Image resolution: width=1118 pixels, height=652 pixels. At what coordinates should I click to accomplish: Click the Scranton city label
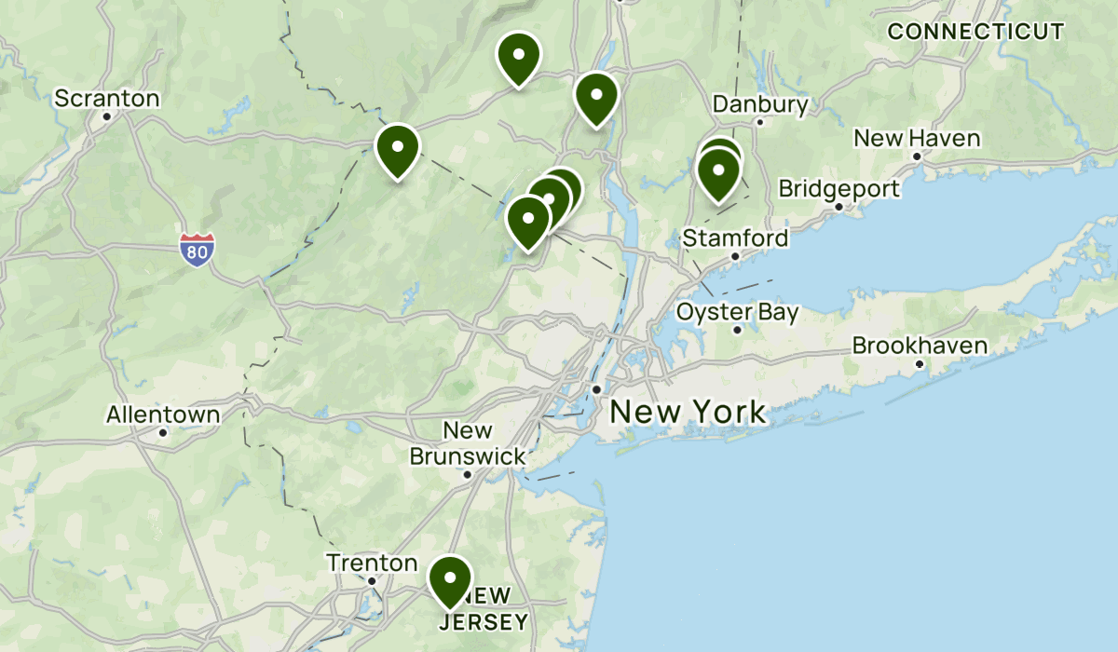(107, 98)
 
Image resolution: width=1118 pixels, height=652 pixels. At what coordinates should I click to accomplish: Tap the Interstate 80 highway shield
(198, 251)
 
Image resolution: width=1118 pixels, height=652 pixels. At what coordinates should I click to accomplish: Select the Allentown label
(163, 414)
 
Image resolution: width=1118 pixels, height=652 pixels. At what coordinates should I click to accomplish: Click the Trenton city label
(372, 563)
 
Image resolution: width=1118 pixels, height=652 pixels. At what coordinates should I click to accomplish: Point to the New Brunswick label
(468, 443)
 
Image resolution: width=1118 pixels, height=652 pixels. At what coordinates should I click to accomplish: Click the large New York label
(688, 411)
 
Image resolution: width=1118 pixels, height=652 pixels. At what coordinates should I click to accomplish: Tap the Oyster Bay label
(738, 312)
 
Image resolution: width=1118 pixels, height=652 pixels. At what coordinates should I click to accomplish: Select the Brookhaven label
(920, 346)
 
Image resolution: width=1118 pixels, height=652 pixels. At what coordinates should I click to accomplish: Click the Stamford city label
(735, 238)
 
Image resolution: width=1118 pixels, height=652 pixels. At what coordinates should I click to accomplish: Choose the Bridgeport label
(838, 189)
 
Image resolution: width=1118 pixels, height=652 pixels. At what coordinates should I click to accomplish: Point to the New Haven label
(917, 139)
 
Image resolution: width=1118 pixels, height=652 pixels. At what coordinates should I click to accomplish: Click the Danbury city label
(760, 104)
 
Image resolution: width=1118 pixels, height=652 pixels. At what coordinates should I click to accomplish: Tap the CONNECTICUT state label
(975, 32)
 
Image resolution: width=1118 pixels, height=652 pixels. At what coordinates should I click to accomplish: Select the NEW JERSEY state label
(484, 608)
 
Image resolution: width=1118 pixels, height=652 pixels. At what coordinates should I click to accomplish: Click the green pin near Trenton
(449, 579)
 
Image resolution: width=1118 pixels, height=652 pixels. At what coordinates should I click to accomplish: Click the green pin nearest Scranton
(398, 149)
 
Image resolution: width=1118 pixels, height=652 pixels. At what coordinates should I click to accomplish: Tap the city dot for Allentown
(163, 432)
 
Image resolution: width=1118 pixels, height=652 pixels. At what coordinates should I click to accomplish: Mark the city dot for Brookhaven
(920, 363)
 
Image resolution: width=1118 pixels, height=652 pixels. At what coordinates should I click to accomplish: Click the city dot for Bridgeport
(838, 207)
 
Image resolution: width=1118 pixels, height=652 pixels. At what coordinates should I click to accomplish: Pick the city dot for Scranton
(107, 116)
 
